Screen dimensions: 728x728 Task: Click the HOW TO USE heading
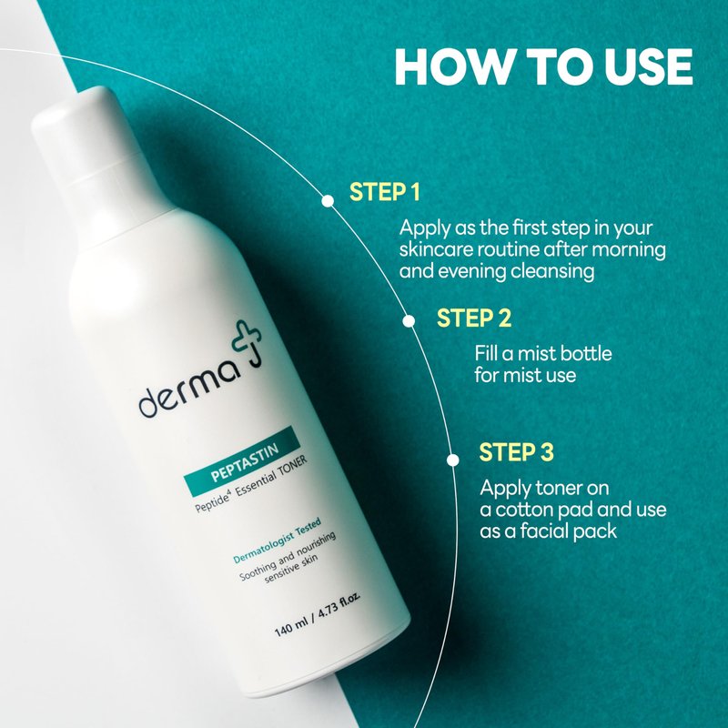click(x=543, y=66)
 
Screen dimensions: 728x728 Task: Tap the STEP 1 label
click(x=384, y=192)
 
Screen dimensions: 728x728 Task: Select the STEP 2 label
click(x=473, y=318)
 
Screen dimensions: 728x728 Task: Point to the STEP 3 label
click(x=516, y=451)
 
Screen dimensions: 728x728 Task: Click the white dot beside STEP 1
click(x=328, y=200)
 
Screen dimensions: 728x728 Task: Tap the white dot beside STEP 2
click(x=409, y=321)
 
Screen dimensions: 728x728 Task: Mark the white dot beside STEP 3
click(x=452, y=460)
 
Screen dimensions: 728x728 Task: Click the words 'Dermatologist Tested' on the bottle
click(x=278, y=541)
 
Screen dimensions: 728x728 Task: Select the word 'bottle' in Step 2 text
click(x=586, y=354)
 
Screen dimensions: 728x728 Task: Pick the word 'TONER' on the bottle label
click(x=292, y=468)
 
